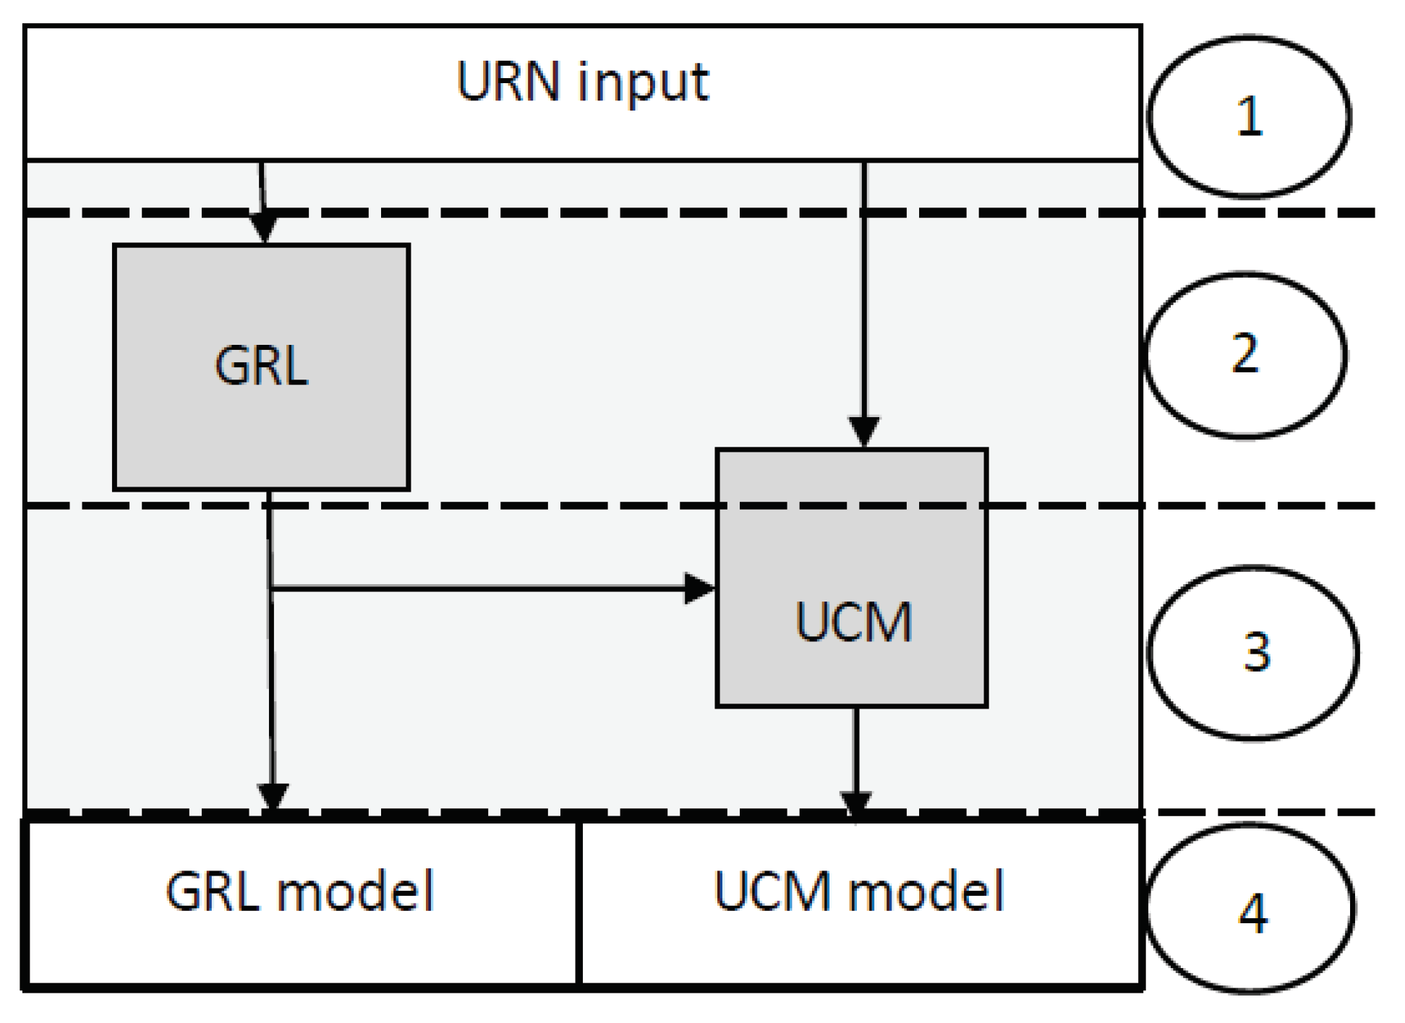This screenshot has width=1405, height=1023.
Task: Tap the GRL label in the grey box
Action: coord(261,366)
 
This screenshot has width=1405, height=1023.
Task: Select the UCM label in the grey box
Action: coord(853,622)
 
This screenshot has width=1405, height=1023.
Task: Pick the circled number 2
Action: coord(1244,354)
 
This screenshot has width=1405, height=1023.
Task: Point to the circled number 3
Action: coord(1256,652)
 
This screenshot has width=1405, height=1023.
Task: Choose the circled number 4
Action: coord(1252,913)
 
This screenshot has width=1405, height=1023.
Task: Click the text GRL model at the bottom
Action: coord(299,891)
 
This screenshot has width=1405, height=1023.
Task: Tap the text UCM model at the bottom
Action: coord(859,891)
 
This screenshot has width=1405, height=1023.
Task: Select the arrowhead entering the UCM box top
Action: coord(864,432)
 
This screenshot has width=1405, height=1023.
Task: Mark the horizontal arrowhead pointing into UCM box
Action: coord(699,588)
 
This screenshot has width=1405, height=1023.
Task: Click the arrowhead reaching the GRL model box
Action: coord(273,798)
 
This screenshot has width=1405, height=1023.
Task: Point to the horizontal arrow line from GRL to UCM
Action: coord(477,589)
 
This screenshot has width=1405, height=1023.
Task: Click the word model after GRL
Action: coord(356,891)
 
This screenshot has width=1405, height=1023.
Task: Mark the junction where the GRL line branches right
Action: coord(270,589)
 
